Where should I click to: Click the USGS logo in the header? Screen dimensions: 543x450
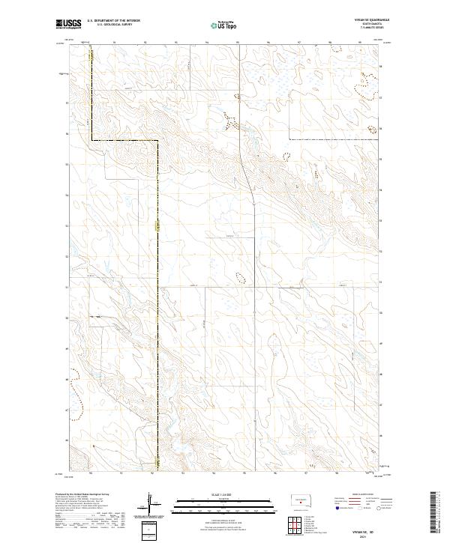point(68,24)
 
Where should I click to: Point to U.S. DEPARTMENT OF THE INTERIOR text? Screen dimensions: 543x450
point(113,20)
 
